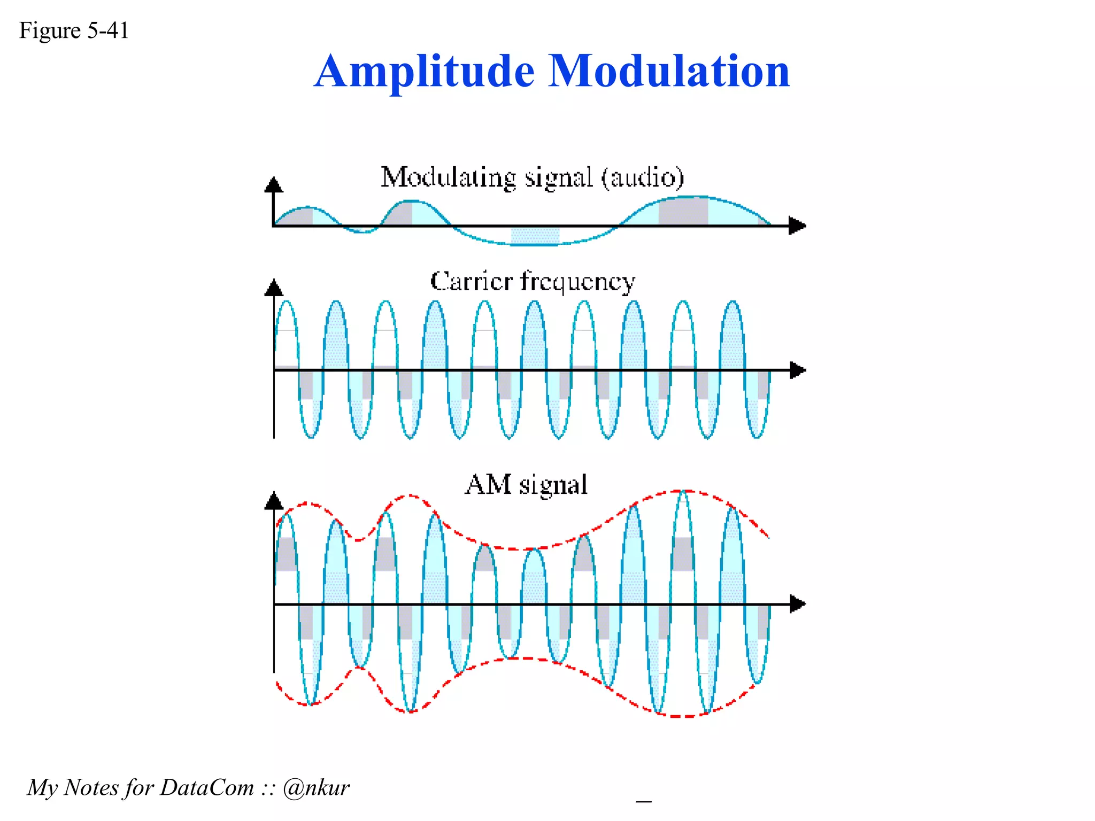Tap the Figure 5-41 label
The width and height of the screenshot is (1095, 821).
74,30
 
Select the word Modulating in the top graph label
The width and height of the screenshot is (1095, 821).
448,177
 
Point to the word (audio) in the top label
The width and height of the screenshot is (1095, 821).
643,177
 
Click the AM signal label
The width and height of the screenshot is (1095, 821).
526,485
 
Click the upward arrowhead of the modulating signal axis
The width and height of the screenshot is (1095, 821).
274,185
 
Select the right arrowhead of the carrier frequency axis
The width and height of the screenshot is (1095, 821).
797,370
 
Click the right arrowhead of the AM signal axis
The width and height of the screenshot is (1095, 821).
797,604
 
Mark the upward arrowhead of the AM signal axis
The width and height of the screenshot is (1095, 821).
274,501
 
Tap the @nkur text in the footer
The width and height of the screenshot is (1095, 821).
316,788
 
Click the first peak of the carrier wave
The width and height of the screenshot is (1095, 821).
287,303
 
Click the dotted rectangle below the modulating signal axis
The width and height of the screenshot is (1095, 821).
535,236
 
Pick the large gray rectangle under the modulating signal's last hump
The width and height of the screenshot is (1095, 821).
683,211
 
